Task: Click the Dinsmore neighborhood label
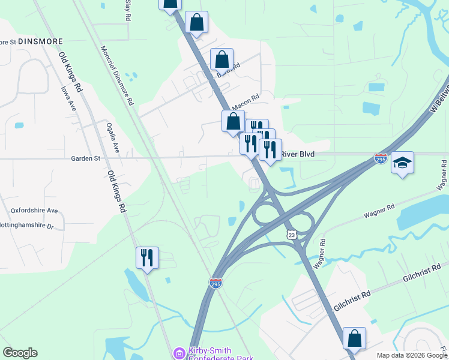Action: [40, 42]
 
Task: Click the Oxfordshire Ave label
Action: [34, 211]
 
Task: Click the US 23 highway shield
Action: [292, 235]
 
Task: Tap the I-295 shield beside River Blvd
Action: [381, 159]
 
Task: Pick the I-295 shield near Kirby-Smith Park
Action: [216, 282]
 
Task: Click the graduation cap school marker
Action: [402, 162]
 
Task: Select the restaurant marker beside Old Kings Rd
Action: [147, 258]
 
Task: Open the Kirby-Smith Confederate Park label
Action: [210, 354]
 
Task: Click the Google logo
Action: [20, 353]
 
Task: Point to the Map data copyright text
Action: [412, 355]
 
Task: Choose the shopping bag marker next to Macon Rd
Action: [233, 121]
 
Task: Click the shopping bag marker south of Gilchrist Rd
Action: [355, 338]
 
